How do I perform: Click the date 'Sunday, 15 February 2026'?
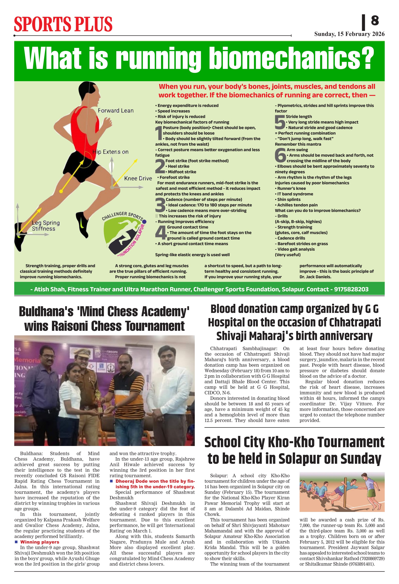click(349, 34)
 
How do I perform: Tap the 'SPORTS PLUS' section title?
click(63, 24)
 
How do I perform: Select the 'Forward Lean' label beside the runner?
click(116, 111)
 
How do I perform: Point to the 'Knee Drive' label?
click(138, 178)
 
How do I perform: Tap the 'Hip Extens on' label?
click(110, 152)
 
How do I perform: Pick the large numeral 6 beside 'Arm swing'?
click(280, 156)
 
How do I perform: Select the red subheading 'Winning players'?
click(40, 542)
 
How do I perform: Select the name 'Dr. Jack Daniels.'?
click(315, 277)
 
